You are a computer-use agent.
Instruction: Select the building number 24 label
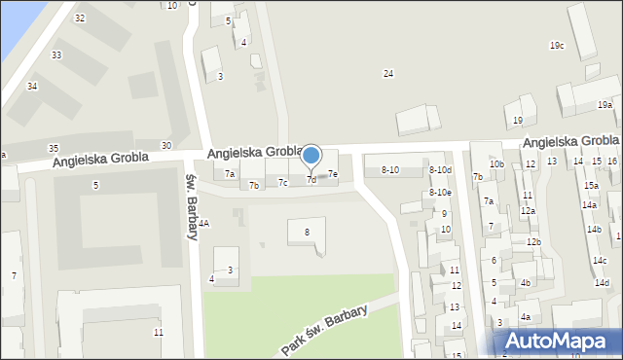point(388,74)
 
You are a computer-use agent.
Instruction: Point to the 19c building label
point(557,46)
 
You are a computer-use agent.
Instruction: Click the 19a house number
point(605,105)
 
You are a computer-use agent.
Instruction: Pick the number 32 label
point(79,18)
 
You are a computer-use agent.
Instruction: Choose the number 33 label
point(56,54)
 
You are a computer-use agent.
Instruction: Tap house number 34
point(32,87)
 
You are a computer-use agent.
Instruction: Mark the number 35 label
point(54,148)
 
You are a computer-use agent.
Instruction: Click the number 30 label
point(166,145)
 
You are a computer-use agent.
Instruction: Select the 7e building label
point(333,174)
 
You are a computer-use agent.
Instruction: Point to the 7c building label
point(282,182)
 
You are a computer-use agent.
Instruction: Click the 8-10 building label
point(389,170)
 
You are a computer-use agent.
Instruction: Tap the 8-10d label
point(441,170)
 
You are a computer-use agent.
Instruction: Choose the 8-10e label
point(441,193)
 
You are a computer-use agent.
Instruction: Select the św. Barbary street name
point(191,193)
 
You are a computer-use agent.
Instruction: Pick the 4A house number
point(203,223)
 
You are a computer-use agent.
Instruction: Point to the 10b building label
point(496,164)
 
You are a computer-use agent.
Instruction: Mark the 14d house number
point(602,283)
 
